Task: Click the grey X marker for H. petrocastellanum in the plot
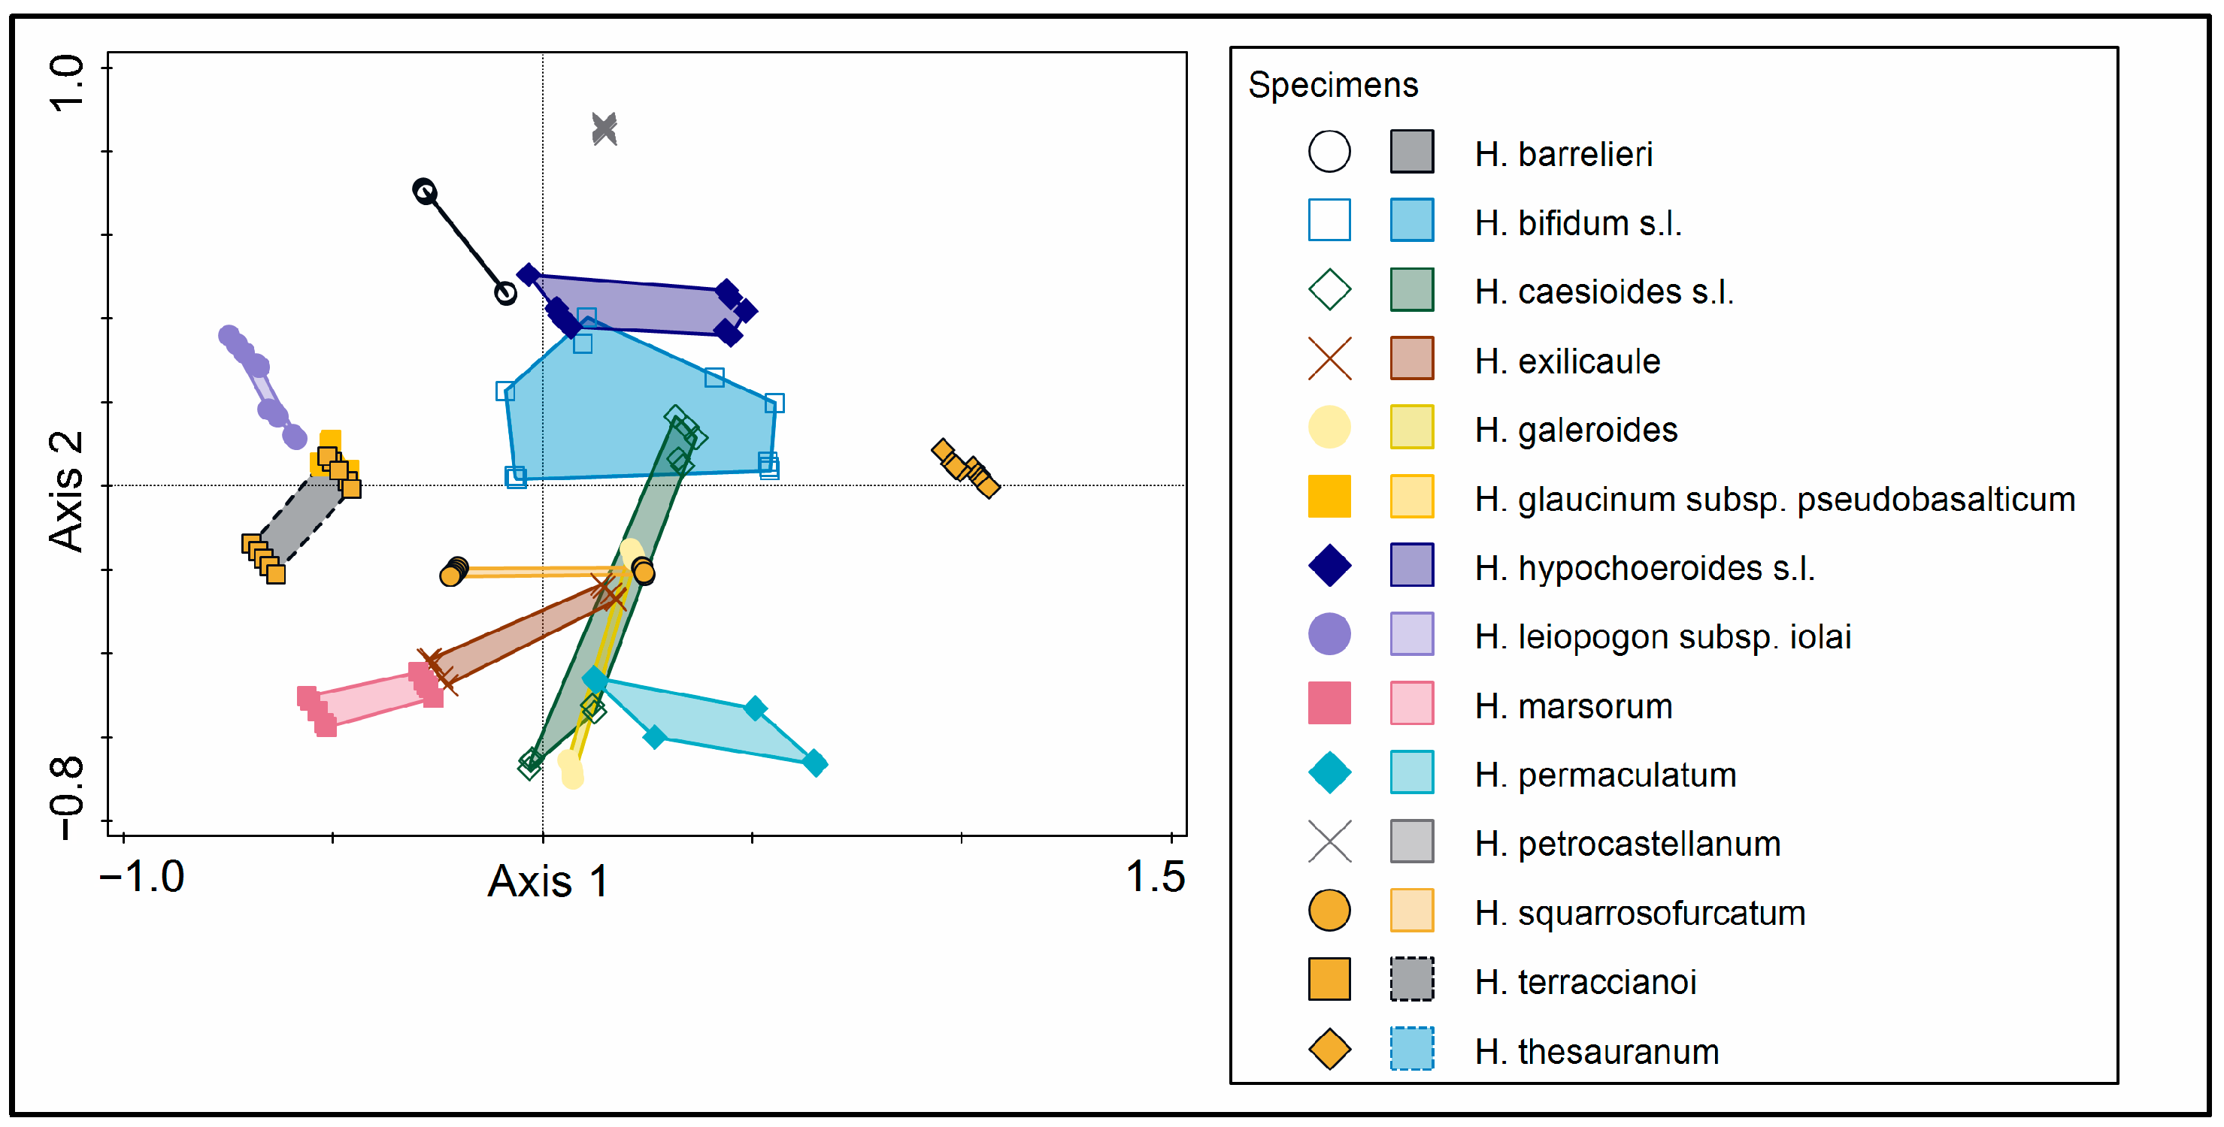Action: coord(604,129)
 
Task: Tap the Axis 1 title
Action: coord(547,881)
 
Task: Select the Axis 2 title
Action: coord(66,491)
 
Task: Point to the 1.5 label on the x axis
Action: coord(1154,877)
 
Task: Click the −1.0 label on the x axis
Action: coord(141,877)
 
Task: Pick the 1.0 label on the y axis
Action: coord(66,83)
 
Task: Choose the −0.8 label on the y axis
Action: coord(66,798)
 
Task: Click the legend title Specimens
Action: coord(1332,85)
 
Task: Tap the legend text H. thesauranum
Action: coord(1596,1051)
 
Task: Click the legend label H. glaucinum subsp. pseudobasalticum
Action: coord(1774,499)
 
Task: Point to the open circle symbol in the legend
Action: coord(1329,152)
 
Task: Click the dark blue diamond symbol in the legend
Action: coord(1329,565)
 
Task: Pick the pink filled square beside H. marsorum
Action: coord(1329,703)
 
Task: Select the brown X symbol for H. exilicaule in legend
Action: coord(1329,359)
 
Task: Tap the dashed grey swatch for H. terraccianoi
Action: coord(1411,980)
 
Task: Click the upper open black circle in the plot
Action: coord(424,191)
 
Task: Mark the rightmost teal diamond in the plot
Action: coord(814,763)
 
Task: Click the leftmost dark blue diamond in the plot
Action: coord(529,275)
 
